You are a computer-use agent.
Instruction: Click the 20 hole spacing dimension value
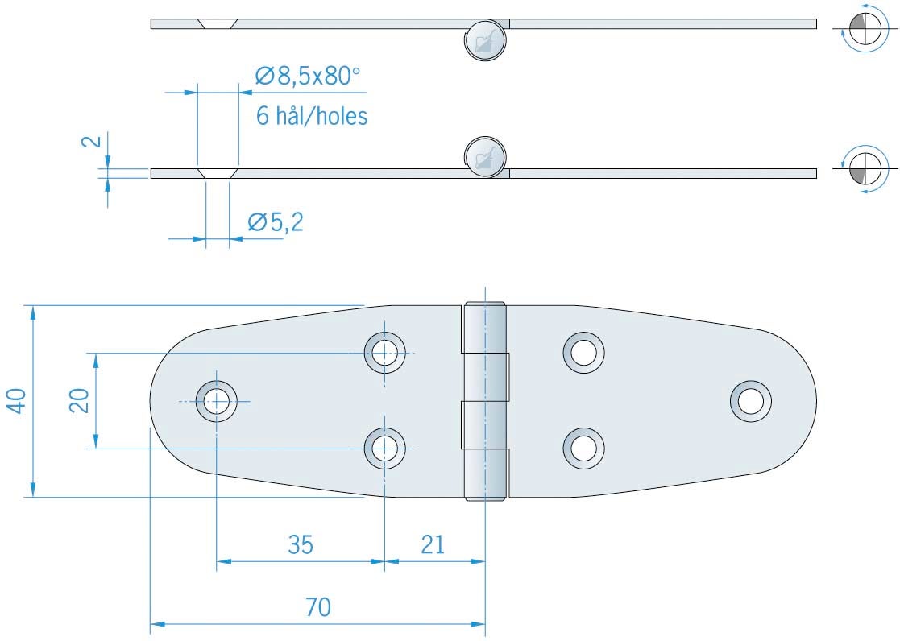[78, 400]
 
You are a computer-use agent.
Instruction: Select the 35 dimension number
[301, 545]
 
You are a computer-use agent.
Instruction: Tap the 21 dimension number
[433, 545]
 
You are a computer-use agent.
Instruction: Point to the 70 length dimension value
[318, 607]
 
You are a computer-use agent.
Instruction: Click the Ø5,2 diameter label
[275, 222]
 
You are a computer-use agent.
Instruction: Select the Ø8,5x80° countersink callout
[306, 77]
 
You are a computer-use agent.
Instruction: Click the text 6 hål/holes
[312, 117]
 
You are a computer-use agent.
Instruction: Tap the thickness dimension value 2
[93, 141]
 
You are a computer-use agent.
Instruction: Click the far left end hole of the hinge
[217, 400]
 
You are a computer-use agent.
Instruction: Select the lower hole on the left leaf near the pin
[384, 448]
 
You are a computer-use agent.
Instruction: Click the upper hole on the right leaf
[584, 352]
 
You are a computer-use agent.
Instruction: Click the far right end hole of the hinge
[751, 400]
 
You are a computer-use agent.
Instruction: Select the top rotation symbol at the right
[861, 31]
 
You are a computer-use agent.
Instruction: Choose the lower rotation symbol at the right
[861, 170]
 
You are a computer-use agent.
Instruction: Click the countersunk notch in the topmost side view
[217, 23]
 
